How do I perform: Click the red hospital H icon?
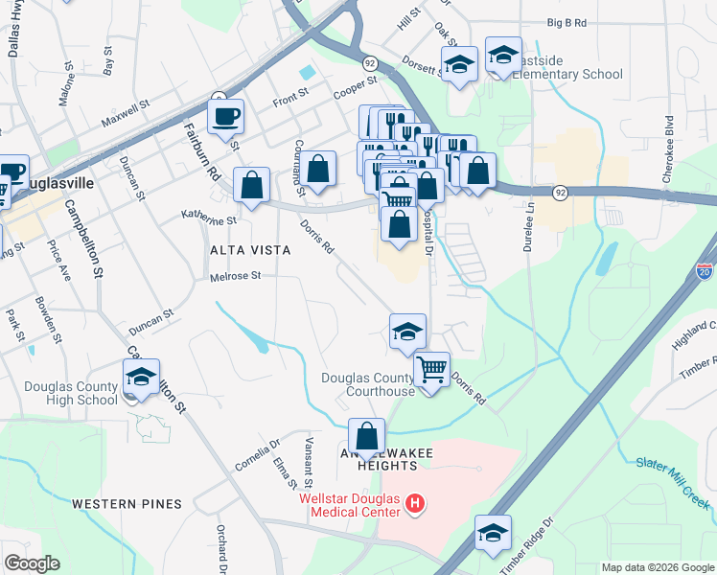[414, 503]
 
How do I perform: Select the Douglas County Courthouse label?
[368, 384]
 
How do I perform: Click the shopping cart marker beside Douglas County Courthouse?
[432, 368]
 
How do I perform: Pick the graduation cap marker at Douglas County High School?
[141, 377]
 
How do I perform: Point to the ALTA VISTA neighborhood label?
[250, 250]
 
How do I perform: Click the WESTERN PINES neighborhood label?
[127, 504]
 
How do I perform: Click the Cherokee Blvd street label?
[669, 139]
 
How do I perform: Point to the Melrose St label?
[236, 277]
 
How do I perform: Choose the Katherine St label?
[209, 219]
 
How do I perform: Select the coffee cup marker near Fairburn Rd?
[225, 118]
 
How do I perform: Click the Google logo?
[32, 563]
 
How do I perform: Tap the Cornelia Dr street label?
[256, 456]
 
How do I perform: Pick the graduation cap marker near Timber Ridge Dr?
[493, 534]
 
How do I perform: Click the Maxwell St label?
[127, 115]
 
